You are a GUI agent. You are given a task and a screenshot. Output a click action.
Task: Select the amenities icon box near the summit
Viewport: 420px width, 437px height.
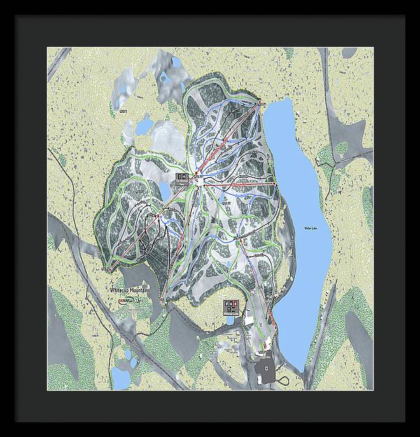(181, 177)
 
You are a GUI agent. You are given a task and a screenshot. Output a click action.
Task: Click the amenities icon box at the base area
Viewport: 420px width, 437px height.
(230, 306)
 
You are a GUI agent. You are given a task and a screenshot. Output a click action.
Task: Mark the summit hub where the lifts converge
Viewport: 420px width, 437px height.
(200, 180)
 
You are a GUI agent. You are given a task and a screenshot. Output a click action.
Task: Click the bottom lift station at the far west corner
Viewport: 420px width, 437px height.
(106, 267)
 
